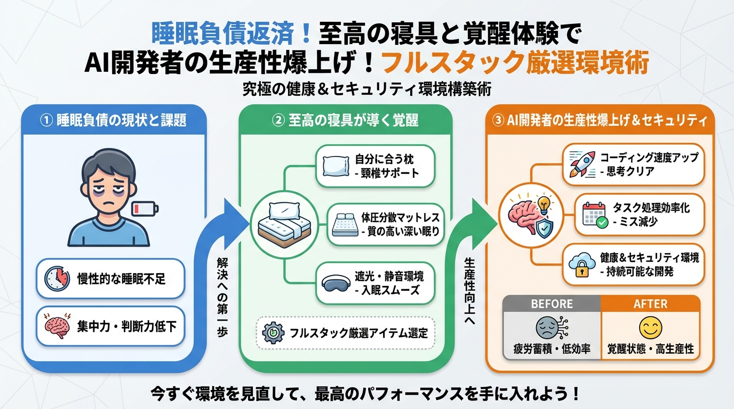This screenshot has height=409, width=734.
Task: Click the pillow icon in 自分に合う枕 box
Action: point(337,166)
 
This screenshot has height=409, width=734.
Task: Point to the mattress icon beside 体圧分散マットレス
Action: point(344,225)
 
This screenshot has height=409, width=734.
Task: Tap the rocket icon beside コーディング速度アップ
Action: point(581,163)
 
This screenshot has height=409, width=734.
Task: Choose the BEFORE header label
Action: point(552,304)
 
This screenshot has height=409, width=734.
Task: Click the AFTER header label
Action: point(650,304)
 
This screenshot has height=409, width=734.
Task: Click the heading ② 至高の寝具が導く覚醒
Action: point(345,120)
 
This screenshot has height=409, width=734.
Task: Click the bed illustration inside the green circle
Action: point(278,222)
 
